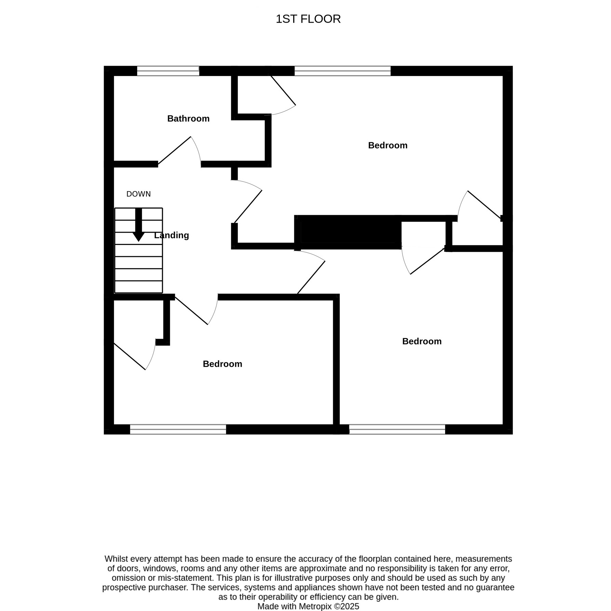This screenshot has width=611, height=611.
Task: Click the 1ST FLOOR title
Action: point(308,19)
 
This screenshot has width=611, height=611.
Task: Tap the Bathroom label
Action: point(188,119)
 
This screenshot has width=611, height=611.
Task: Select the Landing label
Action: point(171,235)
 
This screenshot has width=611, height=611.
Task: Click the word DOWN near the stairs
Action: point(139,194)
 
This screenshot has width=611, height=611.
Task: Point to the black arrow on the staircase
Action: point(139,224)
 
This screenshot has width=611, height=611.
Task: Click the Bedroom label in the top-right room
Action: point(388,145)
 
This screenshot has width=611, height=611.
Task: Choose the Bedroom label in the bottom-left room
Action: point(222,364)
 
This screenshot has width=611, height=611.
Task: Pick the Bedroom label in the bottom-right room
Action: point(422,341)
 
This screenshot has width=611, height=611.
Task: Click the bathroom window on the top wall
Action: point(168,71)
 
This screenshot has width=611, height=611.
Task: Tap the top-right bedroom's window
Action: point(342,71)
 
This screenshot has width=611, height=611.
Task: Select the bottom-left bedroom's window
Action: point(178,429)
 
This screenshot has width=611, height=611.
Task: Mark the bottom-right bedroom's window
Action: point(397,429)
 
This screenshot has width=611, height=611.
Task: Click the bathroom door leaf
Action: point(174,150)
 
